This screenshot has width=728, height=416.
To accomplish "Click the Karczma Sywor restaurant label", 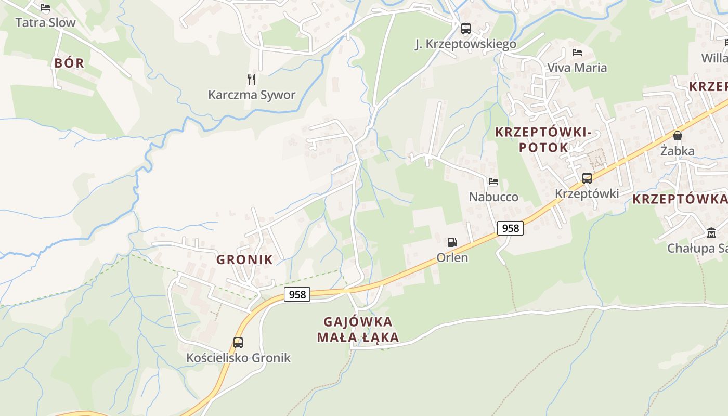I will (252, 95).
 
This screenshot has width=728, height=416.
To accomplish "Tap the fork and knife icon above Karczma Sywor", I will (252, 79).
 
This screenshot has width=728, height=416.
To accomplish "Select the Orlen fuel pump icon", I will (452, 242).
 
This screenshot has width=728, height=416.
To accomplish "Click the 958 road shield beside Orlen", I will (510, 228).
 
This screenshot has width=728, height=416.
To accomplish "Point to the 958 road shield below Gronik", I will (297, 294).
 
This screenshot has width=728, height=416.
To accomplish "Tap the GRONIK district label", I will (244, 259).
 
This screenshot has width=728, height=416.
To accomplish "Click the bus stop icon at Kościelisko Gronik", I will (238, 342).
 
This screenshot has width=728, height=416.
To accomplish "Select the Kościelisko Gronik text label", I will (239, 358).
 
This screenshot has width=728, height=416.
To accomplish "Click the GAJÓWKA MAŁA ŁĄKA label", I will (358, 329).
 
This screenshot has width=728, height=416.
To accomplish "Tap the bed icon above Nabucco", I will (493, 181).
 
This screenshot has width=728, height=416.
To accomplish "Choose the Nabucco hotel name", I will (493, 197).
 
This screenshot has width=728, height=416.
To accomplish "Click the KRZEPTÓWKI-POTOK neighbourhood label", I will (543, 139).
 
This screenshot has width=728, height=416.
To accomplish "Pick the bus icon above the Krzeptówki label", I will (587, 178).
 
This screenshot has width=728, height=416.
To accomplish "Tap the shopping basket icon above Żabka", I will (678, 136).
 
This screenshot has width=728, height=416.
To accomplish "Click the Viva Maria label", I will (577, 68).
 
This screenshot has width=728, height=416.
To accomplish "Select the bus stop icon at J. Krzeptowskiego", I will (465, 28).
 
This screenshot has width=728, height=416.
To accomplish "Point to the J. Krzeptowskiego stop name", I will (465, 44).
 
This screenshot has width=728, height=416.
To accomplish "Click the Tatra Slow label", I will (45, 22).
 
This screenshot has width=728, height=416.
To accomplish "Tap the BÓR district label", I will (69, 63).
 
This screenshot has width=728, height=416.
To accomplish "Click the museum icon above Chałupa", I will (711, 232).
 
